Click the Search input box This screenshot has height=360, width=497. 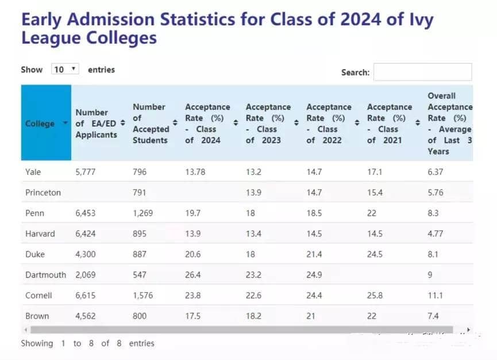pos(422,72)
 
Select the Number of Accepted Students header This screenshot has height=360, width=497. pos(151,123)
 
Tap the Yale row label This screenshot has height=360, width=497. pos(33,172)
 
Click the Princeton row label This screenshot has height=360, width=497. pos(43,193)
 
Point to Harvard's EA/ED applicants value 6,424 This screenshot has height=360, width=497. pos(86,233)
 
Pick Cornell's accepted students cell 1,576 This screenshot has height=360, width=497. pos(143,295)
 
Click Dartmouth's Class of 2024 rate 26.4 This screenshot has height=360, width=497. pos(193,275)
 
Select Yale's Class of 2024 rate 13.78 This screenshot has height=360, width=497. pos(195,172)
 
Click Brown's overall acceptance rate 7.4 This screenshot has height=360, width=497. pos(434,316)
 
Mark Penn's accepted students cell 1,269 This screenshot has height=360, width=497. pos(143,213)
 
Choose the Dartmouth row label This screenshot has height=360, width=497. pos(46,275)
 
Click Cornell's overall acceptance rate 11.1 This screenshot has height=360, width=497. pos(436,295)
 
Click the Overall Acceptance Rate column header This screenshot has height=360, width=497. pos(449,123)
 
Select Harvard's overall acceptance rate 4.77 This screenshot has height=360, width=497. pos(436,233)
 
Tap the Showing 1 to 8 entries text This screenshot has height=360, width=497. pos(87,343)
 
